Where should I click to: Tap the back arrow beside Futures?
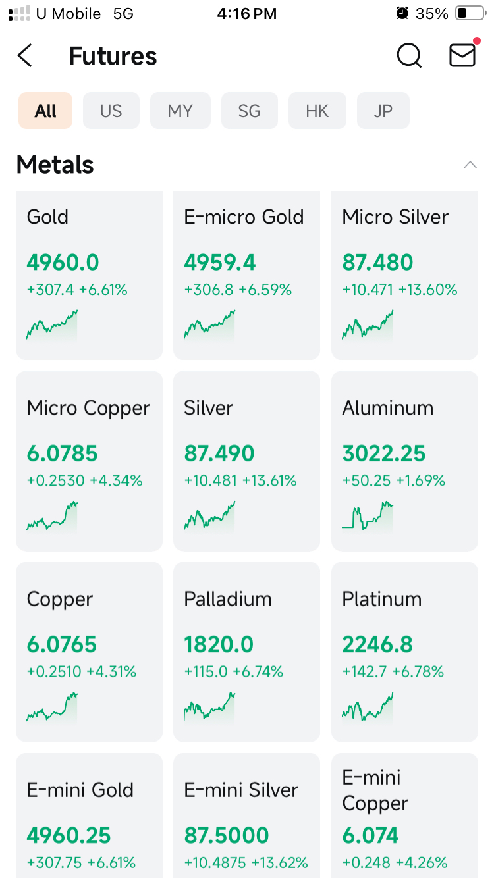pos(24,56)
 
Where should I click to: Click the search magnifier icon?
pos(409,55)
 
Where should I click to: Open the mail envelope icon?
pos(462,55)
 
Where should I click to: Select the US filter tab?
pos(111,111)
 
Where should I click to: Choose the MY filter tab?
pos(180,111)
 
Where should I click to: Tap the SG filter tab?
pos(249,111)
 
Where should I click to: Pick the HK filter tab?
pos(317,111)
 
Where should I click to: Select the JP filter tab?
pos(383,111)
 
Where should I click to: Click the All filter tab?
pos(45,111)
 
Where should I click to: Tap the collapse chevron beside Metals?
pos(470,165)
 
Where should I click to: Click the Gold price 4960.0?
pos(63,262)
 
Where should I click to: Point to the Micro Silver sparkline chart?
pos(368,325)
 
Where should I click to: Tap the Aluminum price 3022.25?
pos(384,453)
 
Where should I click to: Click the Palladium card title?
pos(228,600)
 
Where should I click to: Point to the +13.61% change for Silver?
pos(269,480)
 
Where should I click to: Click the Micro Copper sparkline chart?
pos(52,516)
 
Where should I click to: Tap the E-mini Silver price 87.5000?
pos(227,835)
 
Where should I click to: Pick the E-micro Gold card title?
pos(244,217)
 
